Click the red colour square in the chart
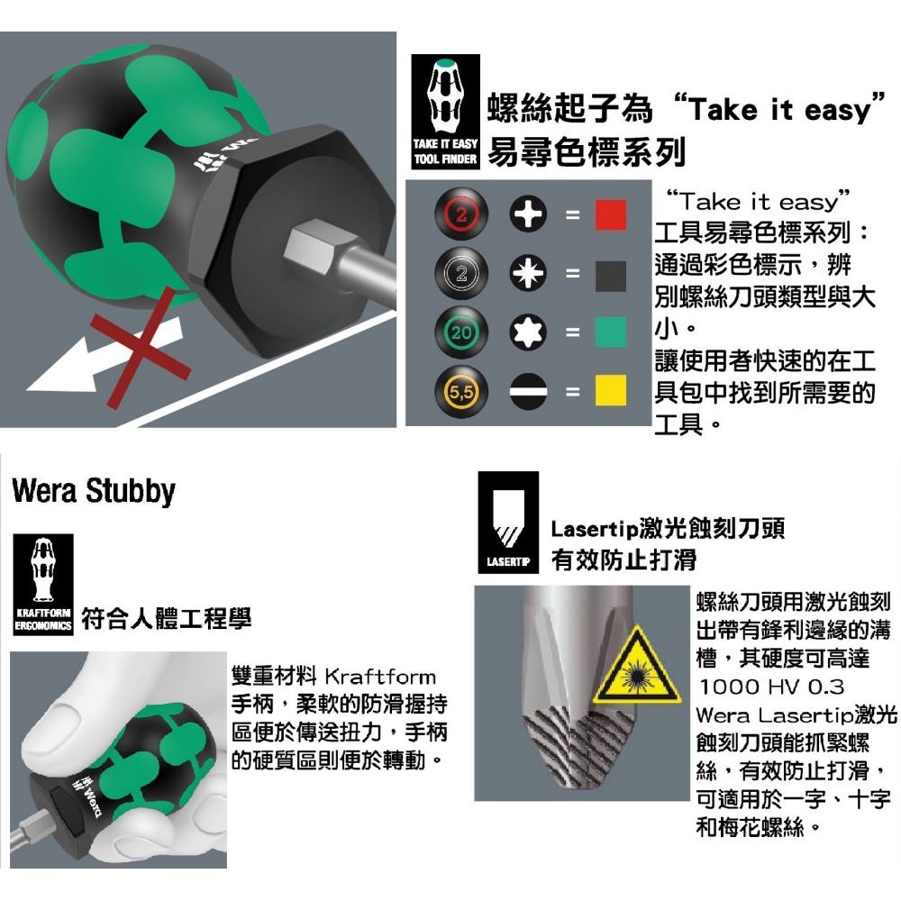tap(610, 215)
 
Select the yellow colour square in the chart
tap(610, 391)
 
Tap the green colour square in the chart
tap(610, 332)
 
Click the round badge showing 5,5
tap(461, 392)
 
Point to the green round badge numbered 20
tap(461, 332)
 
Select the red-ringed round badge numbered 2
tap(461, 214)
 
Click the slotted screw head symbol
tap(528, 392)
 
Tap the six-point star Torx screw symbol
tap(528, 332)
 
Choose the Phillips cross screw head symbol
tap(528, 214)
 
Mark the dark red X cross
tap(141, 348)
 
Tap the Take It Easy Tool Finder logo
tap(445, 112)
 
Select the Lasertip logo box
tap(508, 523)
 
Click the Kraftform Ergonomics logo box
tap(43, 585)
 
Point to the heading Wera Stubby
tap(93, 491)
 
